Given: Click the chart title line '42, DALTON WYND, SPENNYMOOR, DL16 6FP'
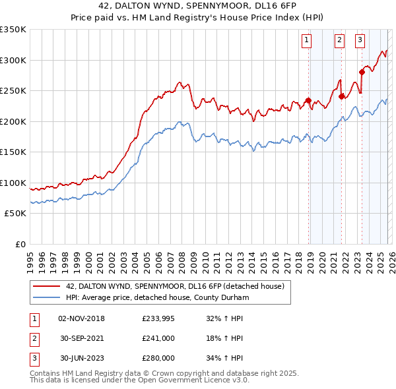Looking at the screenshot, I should tap(197, 7).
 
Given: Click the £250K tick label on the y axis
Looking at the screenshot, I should tap(13, 91).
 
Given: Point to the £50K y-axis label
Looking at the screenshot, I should tap(15, 214).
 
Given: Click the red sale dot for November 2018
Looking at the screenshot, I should tap(308, 101).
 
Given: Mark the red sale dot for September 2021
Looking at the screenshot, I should tap(342, 96).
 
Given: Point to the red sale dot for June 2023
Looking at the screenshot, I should tap(362, 73).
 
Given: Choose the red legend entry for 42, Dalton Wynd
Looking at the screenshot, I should tap(175, 286).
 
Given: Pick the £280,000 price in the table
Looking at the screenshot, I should tap(158, 358).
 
